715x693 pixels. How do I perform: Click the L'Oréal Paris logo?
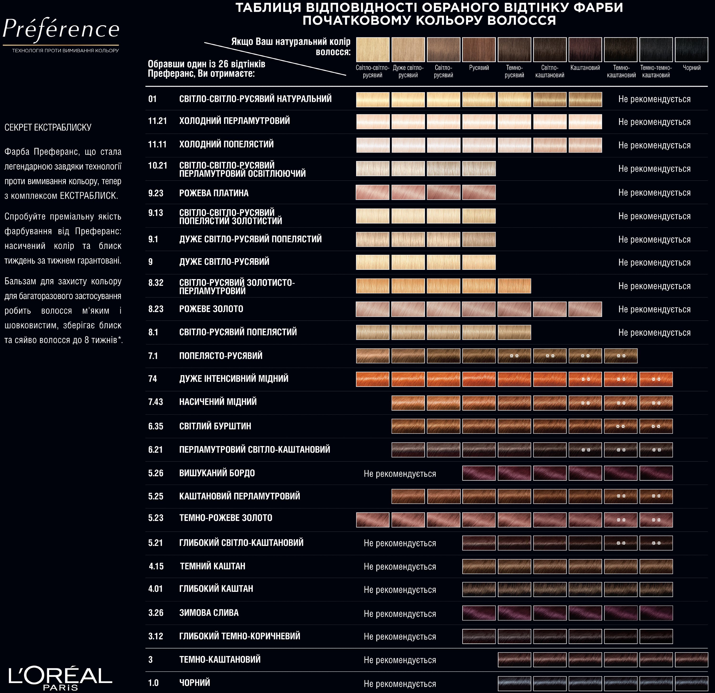click(60, 677)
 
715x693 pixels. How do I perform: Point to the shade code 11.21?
click(157, 121)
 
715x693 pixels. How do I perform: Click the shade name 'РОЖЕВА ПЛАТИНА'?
click(214, 193)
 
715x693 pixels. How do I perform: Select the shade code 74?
click(153, 379)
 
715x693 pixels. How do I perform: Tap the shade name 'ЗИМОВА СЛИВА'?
click(209, 613)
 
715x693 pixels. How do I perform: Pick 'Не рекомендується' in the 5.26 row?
click(400, 474)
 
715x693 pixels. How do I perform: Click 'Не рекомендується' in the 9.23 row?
click(654, 193)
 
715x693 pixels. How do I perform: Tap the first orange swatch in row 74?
click(373, 379)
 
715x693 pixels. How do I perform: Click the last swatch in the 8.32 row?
click(514, 286)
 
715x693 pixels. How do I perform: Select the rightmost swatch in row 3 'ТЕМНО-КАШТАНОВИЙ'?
click(691, 660)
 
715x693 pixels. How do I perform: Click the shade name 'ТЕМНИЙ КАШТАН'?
click(212, 566)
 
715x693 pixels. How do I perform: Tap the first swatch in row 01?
click(373, 100)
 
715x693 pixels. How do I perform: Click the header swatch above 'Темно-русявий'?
click(514, 50)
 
